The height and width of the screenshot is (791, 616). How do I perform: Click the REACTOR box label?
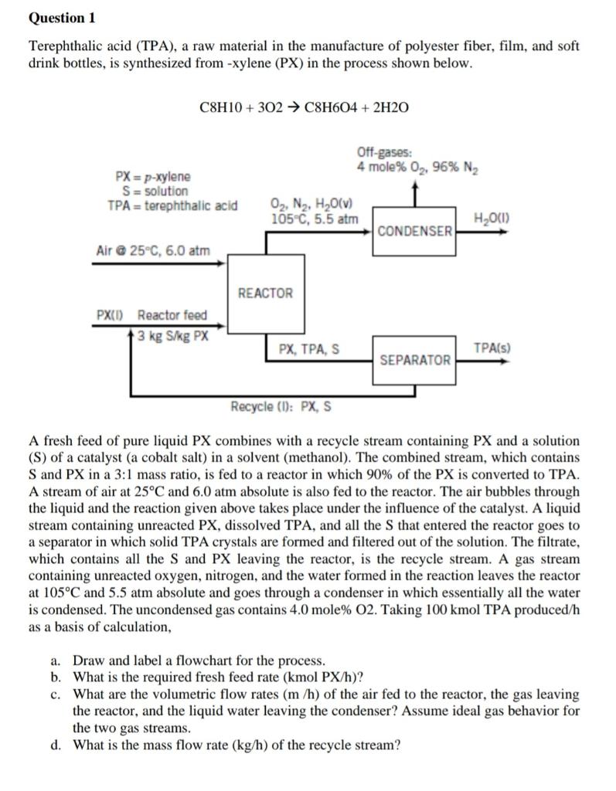[265, 294]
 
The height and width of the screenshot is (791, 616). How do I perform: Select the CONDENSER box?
[415, 231]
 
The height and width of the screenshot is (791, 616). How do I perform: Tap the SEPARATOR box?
[415, 360]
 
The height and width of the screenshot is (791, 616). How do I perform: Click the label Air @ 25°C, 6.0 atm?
[152, 250]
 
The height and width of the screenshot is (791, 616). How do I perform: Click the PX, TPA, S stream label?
[308, 349]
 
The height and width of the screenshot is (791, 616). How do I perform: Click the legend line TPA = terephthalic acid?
[172, 205]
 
